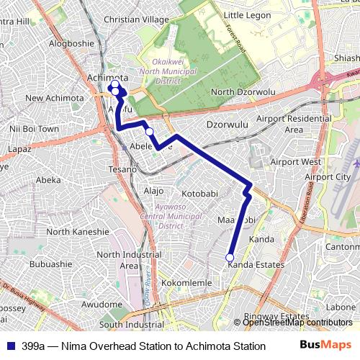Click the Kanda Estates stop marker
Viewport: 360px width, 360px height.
(x=230, y=257)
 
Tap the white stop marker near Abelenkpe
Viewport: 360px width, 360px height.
(x=150, y=132)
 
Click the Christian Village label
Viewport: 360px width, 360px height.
(x=136, y=19)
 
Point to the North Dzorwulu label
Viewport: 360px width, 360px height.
(x=243, y=92)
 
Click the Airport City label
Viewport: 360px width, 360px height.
(x=328, y=177)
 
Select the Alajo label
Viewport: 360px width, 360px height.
(x=154, y=191)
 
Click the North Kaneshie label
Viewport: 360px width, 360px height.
(x=77, y=232)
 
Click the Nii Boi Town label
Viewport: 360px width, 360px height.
(x=34, y=129)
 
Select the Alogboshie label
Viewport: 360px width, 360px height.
(x=71, y=43)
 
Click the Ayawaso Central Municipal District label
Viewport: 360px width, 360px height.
(x=161, y=215)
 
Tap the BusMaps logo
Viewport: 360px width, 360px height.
(x=326, y=346)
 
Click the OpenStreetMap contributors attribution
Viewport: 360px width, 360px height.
(x=297, y=323)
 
